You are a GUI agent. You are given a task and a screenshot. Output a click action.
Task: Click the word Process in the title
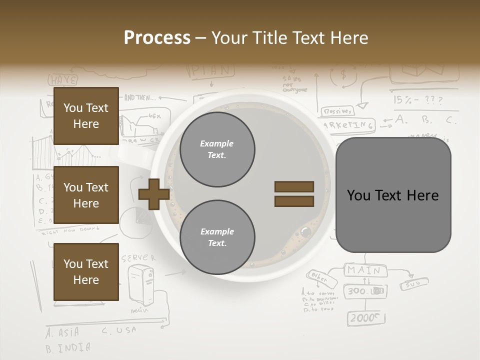pyautogui.click(x=157, y=37)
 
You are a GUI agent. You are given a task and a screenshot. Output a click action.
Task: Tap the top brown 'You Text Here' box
pyautogui.click(x=86, y=116)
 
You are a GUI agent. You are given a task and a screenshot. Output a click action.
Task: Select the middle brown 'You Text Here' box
pyautogui.click(x=86, y=195)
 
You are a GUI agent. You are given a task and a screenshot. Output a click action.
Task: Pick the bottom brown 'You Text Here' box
pyautogui.click(x=86, y=272)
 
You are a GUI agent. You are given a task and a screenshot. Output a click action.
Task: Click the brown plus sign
pyautogui.click(x=154, y=194)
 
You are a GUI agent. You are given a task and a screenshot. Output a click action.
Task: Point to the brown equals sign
pyautogui.click(x=294, y=194)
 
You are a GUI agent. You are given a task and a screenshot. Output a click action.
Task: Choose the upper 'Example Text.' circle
pyautogui.click(x=217, y=149)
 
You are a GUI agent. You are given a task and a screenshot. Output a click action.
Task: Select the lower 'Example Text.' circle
pyautogui.click(x=217, y=237)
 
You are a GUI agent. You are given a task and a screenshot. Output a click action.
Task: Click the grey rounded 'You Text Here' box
pyautogui.click(x=393, y=195)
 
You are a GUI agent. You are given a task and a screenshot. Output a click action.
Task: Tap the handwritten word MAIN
pyautogui.click(x=364, y=270)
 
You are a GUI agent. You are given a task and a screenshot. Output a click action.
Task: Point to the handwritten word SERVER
pyautogui.click(x=138, y=258)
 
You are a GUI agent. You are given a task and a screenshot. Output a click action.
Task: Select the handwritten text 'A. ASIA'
pyautogui.click(x=62, y=332)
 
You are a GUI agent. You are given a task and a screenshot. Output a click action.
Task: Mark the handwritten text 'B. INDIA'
pyautogui.click(x=68, y=347)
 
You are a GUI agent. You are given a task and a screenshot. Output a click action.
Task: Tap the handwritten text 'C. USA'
pyautogui.click(x=118, y=330)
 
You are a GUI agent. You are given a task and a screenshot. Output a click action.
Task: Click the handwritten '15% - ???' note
pyautogui.click(x=418, y=100)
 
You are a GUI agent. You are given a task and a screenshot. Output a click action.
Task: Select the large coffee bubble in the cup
pyautogui.click(x=305, y=232)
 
